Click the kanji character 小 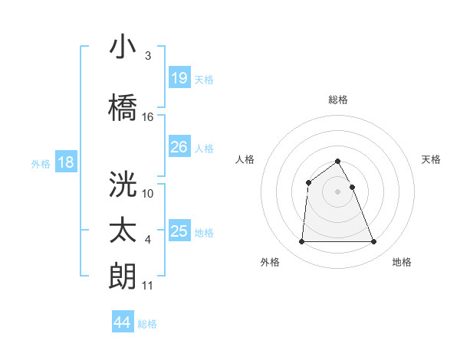pos(123,47)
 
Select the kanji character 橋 pos(123,107)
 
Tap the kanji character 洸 pos(123,184)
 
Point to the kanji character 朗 pos(123,277)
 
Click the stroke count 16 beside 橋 pos(148,117)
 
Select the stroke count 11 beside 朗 pos(148,286)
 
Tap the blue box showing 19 pos(179,78)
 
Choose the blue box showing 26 pos(179,147)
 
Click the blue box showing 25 pos(179,231)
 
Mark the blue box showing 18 pos(65,162)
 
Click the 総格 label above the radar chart pos(337,100)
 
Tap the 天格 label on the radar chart pos(432,159)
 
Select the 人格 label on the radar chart pos(245,159)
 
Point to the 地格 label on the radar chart pos(402,262)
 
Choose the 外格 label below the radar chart pos(270,262)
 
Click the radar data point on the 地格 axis pos(373,242)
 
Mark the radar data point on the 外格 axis pos(301,242)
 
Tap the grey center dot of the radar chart pos(337,191)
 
